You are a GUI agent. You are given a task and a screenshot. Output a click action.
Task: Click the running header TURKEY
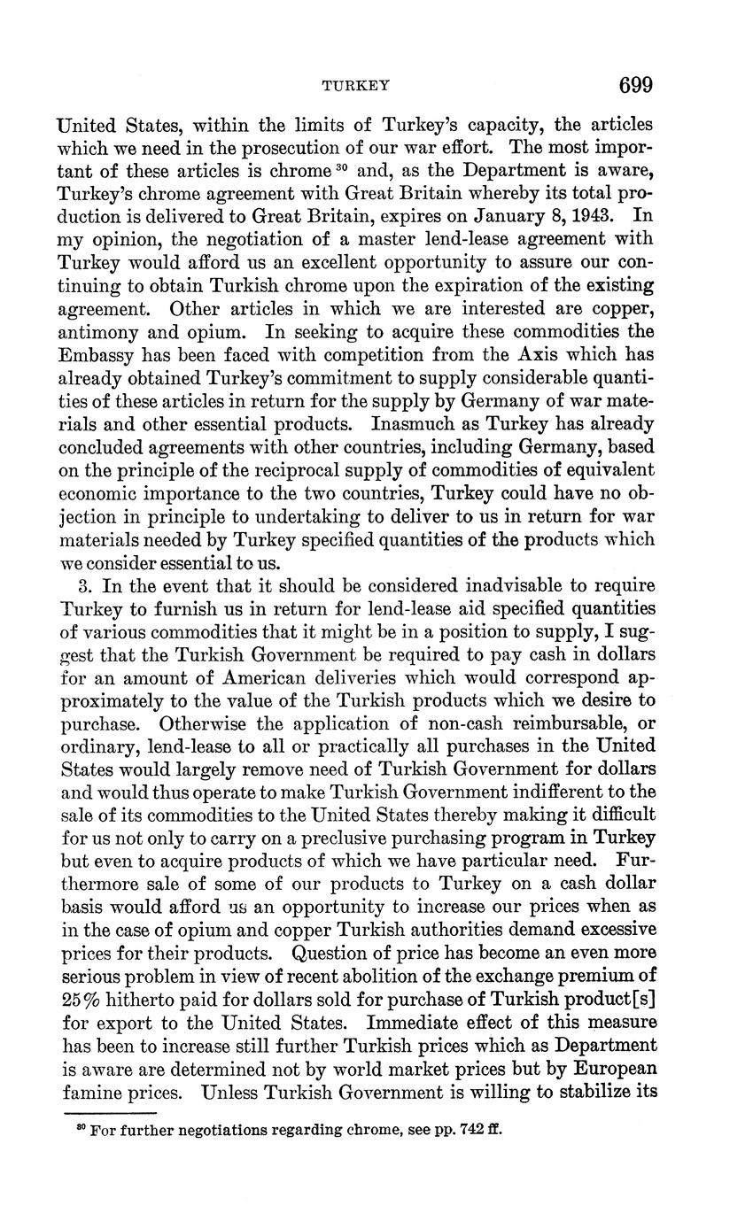(356, 86)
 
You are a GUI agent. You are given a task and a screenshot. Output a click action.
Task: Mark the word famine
(94, 1091)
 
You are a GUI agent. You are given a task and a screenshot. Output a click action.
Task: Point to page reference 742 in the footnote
(455, 1130)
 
